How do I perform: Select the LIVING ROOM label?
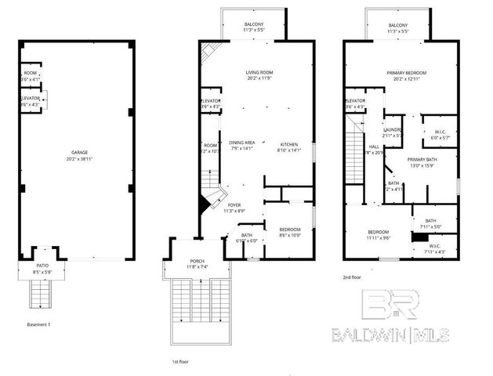coord(258,72)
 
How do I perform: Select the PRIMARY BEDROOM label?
coord(405,72)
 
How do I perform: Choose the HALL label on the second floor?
coord(375,146)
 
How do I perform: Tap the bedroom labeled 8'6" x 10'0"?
coord(289,229)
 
